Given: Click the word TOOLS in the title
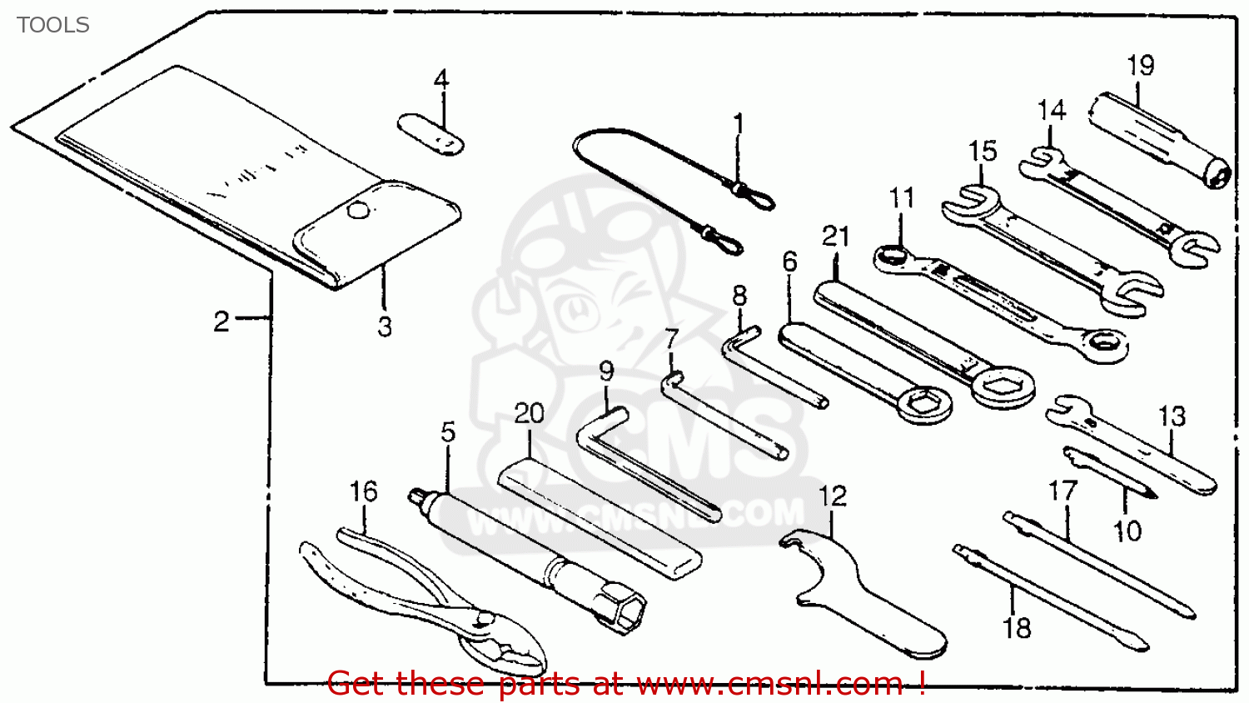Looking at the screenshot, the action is [x=52, y=25].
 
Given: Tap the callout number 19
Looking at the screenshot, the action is [x=1140, y=65].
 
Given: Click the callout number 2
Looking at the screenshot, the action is [x=221, y=321].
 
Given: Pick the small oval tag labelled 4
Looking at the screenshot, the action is [x=430, y=135].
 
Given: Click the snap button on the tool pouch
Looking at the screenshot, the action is [x=357, y=211].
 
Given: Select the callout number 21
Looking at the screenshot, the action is [x=835, y=237].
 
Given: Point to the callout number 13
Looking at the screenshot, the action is [x=1172, y=416].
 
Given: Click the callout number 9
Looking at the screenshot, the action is [x=606, y=371].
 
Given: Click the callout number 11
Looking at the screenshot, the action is [x=901, y=198].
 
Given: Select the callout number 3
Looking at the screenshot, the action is [x=384, y=327].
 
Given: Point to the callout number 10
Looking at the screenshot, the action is [x=1127, y=531].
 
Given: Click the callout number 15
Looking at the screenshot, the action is [x=983, y=151].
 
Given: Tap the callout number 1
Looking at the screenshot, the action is [x=738, y=124].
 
